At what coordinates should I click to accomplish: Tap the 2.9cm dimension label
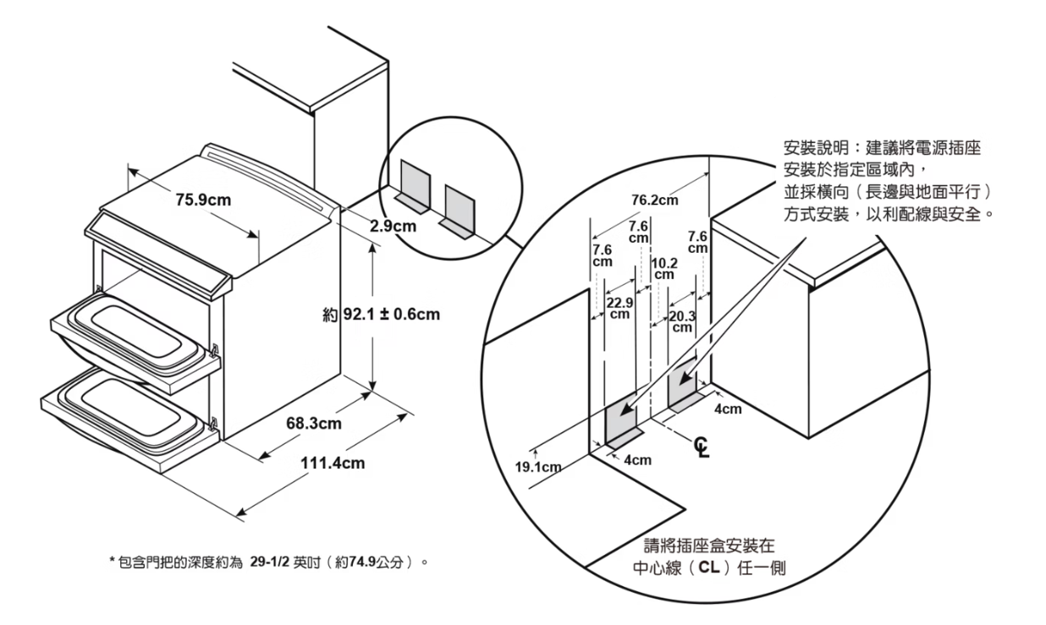pos(394,226)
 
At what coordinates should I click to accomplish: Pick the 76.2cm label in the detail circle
pos(655,200)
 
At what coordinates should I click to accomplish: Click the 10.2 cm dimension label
pos(664,269)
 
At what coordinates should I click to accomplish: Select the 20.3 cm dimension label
pos(682,321)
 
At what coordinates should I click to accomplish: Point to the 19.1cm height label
pos(540,467)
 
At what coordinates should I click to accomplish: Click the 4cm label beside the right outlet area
pos(728,409)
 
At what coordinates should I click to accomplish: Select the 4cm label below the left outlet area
pos(637,460)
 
